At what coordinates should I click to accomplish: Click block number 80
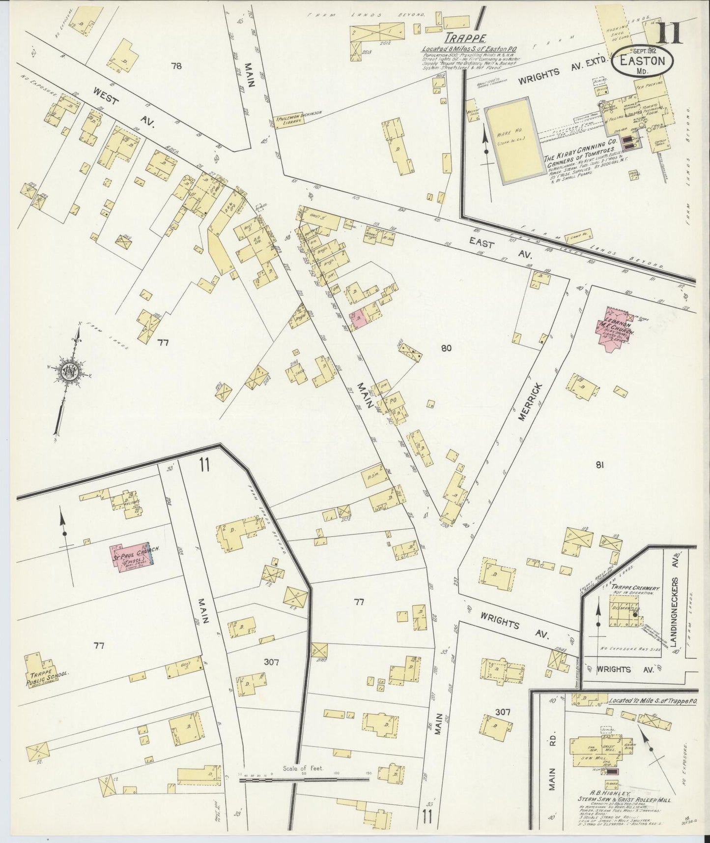point(446,348)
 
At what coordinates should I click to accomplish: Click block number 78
point(176,66)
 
